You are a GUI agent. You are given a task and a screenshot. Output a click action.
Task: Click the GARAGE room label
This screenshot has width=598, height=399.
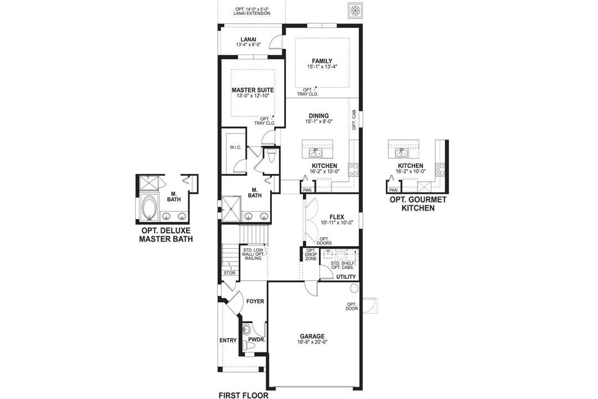click(312, 336)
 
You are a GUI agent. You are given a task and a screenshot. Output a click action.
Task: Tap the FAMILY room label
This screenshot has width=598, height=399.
click(322, 61)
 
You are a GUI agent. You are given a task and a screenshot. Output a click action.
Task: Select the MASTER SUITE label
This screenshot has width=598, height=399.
click(252, 90)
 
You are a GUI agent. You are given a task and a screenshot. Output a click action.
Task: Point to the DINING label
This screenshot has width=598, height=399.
click(318, 116)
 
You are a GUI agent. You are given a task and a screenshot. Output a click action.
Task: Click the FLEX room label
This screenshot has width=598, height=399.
click(337, 217)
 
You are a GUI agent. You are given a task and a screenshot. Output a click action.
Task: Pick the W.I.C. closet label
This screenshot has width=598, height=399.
click(236, 147)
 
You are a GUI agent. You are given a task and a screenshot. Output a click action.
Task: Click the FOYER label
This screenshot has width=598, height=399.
click(255, 301)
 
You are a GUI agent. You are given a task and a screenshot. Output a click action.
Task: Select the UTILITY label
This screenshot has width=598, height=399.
click(346, 276)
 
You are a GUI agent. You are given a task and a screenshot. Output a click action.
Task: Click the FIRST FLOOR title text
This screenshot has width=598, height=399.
click(244, 395)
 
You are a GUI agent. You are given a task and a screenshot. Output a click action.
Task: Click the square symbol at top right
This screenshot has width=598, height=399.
click(354, 10)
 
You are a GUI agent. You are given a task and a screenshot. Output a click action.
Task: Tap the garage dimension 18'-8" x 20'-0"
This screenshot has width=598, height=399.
click(312, 342)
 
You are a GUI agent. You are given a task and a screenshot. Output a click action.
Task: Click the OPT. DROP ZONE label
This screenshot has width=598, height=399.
click(311, 255)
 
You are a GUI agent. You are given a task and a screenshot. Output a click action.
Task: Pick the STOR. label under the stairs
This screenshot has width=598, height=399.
click(230, 273)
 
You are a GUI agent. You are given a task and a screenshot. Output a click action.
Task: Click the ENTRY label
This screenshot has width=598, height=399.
click(228, 340)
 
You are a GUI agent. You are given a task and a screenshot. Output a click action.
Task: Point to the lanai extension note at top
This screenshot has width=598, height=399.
click(252, 11)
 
